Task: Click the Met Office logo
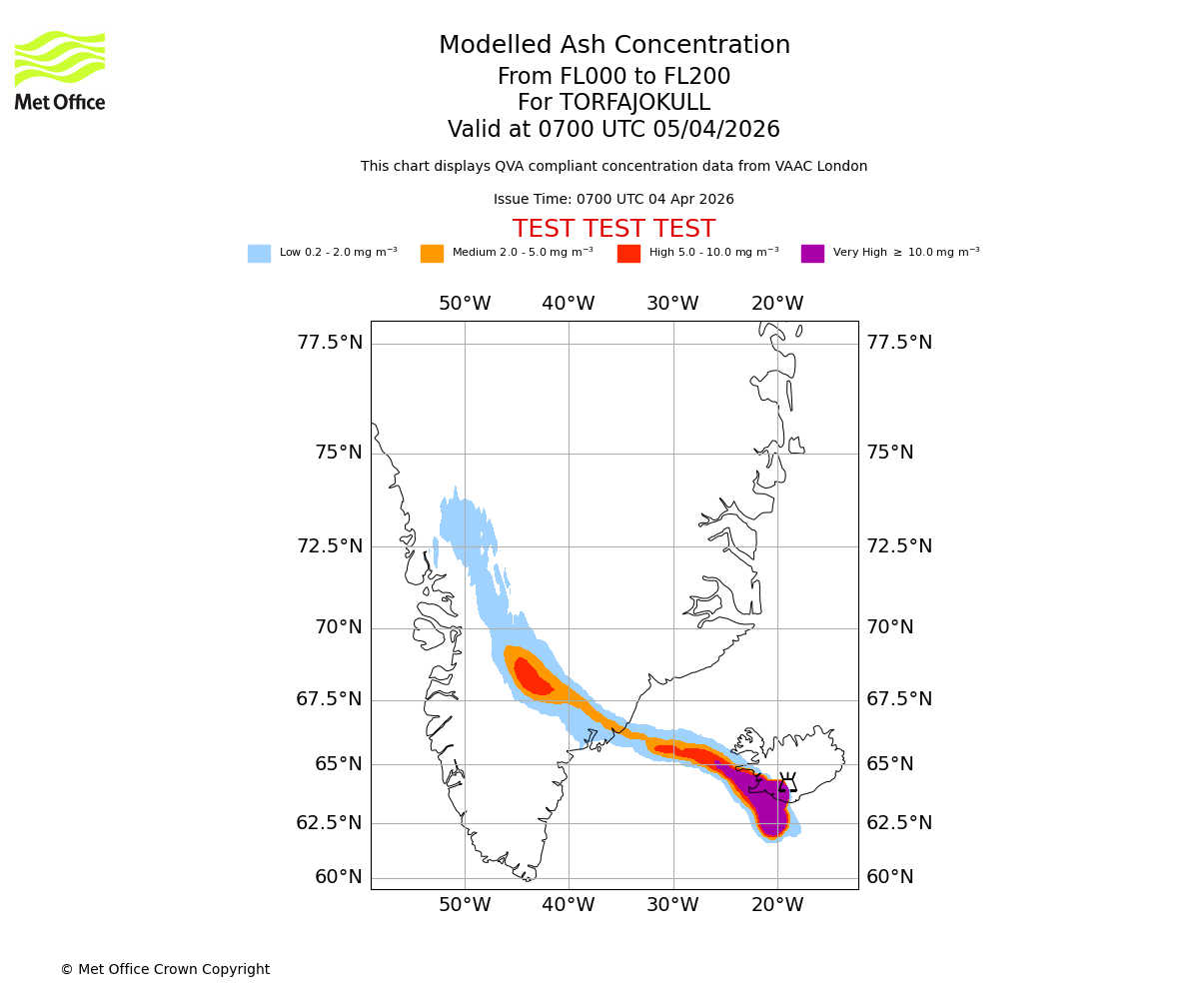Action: [x=60, y=70]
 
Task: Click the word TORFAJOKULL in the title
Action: [x=634, y=103]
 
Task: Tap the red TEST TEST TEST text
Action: [x=613, y=230]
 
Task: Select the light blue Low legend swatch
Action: [x=259, y=254]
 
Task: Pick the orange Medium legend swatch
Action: [x=432, y=254]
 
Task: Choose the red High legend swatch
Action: [x=628, y=254]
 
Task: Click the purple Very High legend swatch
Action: [x=812, y=254]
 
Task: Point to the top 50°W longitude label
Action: [x=465, y=304]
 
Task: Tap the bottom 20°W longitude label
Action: [x=777, y=906]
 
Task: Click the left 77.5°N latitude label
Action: [x=330, y=343]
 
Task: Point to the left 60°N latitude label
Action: [x=339, y=877]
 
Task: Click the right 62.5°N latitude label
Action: [x=899, y=823]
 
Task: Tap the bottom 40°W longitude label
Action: [x=569, y=906]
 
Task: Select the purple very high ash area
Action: [x=767, y=799]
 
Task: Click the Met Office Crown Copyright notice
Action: [x=165, y=970]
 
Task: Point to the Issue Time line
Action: [x=613, y=200]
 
